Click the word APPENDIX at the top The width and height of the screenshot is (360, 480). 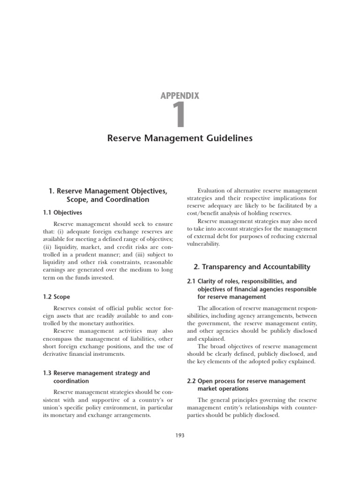point(180,96)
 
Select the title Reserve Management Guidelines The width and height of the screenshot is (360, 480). point(180,138)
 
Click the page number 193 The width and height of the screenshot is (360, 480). point(180,435)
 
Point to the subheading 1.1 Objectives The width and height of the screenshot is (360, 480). point(62,212)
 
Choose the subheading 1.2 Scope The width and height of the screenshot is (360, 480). point(56,297)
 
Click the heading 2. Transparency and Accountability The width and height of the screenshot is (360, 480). point(252,267)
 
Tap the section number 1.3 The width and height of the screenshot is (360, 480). point(47,373)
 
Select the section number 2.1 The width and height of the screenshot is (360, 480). point(192,282)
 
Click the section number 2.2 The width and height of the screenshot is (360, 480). point(192,381)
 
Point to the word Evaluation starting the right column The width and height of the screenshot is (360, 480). point(212,191)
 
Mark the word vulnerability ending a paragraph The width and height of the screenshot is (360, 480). point(203,244)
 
